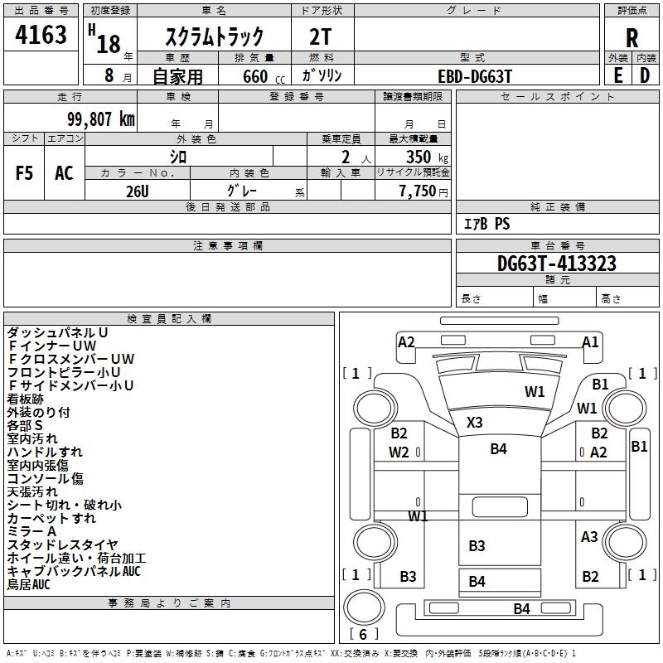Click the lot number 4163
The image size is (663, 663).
coord(41,36)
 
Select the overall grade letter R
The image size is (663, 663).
coord(632,37)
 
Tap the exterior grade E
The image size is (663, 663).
coord(618,75)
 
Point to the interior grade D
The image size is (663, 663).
coord(645,75)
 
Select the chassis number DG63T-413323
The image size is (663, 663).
coord(556,264)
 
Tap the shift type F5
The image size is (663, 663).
coord(25,172)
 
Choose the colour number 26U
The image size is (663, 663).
coord(138,190)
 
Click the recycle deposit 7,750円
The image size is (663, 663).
coord(423,191)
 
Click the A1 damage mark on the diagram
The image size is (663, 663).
coord(590,341)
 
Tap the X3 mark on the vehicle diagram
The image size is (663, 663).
coord(474,422)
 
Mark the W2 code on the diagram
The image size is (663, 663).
coord(399,452)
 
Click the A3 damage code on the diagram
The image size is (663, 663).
coord(589,536)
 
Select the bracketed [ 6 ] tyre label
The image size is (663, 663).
coord(364,634)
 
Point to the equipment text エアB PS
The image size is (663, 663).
coord(486,224)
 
